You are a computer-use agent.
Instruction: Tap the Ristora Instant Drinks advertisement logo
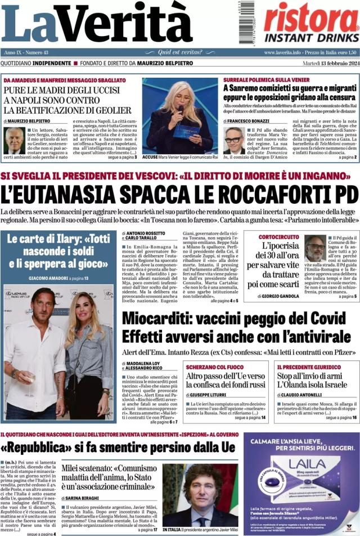(x=311, y=21)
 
